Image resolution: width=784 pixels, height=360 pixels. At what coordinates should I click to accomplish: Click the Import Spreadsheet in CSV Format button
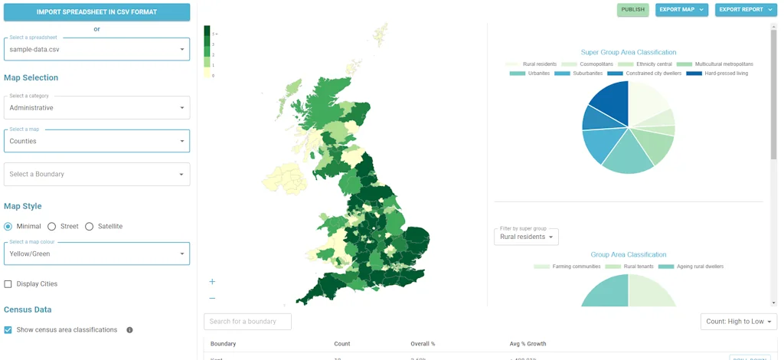pyautogui.click(x=96, y=12)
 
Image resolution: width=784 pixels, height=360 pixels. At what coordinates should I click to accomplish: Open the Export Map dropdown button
pyautogui.click(x=681, y=10)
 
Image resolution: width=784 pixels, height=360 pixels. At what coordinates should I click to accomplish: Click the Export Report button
pyautogui.click(x=744, y=10)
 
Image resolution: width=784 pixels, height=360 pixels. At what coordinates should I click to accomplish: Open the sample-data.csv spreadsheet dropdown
pyautogui.click(x=96, y=49)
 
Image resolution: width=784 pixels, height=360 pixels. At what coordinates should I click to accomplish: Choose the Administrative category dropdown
pyautogui.click(x=96, y=108)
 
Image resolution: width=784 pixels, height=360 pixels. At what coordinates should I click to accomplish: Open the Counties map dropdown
pyautogui.click(x=96, y=141)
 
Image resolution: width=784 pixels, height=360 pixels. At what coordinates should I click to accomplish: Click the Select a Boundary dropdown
pyautogui.click(x=96, y=174)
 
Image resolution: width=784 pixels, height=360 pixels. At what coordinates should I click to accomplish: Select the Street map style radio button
pyautogui.click(x=52, y=227)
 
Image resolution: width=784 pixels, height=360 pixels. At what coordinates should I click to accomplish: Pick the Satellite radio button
pyautogui.click(x=90, y=227)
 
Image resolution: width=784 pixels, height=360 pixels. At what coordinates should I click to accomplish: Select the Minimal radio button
pyautogui.click(x=8, y=227)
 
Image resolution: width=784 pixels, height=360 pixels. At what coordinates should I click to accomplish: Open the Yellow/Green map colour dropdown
pyautogui.click(x=96, y=254)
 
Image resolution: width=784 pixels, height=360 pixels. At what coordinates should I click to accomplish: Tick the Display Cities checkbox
pyautogui.click(x=8, y=284)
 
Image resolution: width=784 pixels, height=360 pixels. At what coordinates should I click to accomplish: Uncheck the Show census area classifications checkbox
pyautogui.click(x=8, y=330)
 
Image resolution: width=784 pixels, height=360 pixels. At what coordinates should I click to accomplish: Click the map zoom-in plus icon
pyautogui.click(x=212, y=282)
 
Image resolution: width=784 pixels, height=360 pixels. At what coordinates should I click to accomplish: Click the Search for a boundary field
pyautogui.click(x=247, y=322)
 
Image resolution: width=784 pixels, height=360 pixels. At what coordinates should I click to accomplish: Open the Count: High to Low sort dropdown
pyautogui.click(x=738, y=322)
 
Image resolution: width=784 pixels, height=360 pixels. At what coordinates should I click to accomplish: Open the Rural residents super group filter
pyautogui.click(x=526, y=237)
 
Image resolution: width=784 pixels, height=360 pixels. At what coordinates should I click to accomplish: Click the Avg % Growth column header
pyautogui.click(x=528, y=344)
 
